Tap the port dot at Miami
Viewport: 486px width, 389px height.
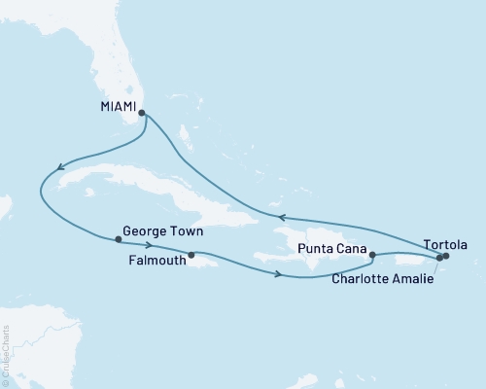pos(143,113)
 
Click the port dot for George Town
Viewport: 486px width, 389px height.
pos(118,239)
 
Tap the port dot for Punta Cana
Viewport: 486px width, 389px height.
pos(373,256)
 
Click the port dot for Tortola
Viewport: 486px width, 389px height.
pos(446,257)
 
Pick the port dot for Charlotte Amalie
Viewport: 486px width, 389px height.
pos(439,258)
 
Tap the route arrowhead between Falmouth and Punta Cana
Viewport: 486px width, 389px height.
pos(280,275)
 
